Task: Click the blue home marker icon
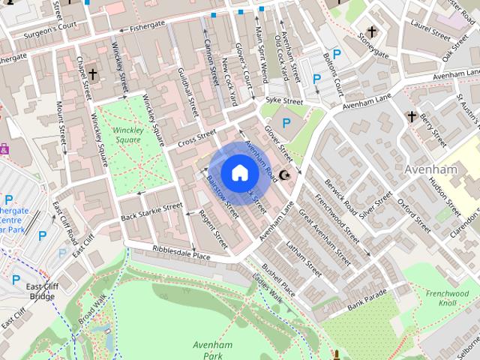point(238,172)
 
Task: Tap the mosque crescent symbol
point(285,175)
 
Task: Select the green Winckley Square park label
point(127,134)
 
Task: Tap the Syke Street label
point(284,101)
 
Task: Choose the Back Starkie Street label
point(151,211)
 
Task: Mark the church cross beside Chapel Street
point(92,74)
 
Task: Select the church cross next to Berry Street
point(411,116)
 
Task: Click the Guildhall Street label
point(186,91)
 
